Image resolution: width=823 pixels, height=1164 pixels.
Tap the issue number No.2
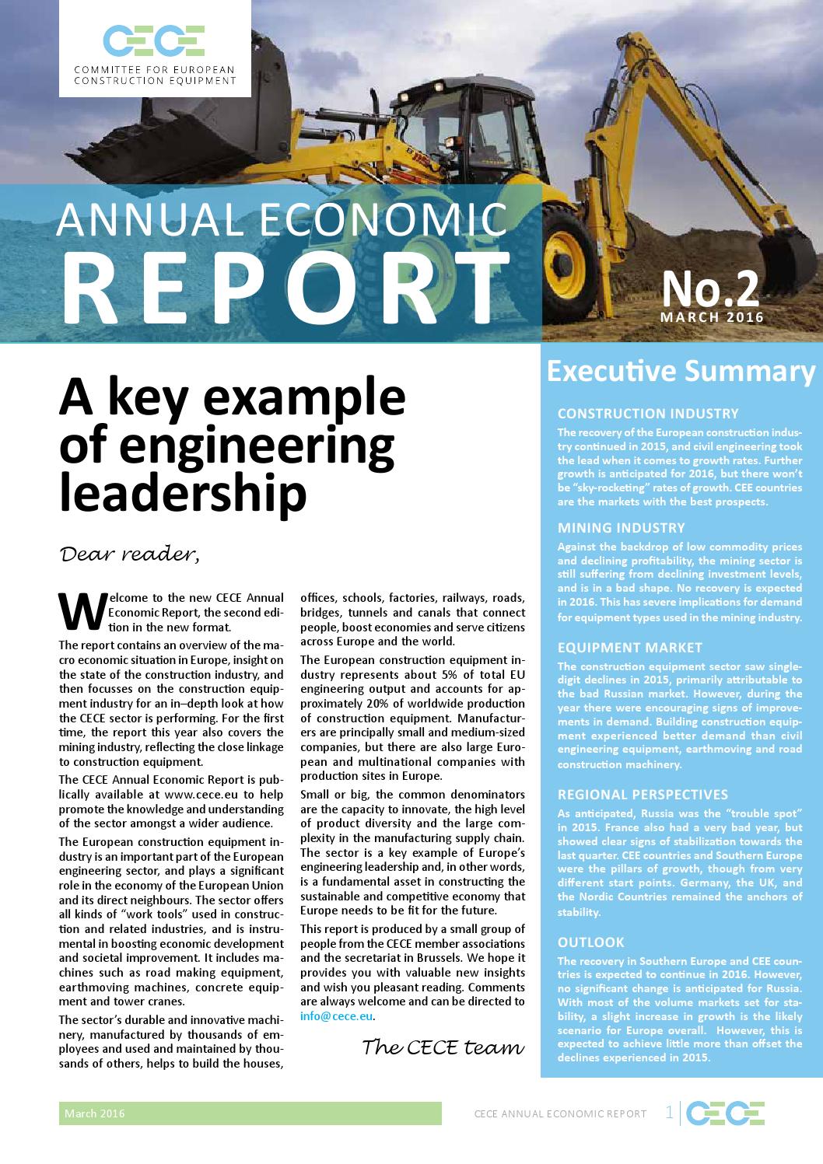(710, 289)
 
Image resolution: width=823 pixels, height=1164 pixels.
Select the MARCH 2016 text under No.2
(712, 317)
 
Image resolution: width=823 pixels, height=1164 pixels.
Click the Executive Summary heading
(681, 372)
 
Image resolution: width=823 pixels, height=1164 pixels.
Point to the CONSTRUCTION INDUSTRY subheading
(648, 414)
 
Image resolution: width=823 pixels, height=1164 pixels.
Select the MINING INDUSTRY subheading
(622, 527)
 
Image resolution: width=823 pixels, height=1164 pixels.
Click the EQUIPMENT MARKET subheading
(630, 648)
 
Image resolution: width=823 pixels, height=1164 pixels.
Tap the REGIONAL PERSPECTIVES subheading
(643, 795)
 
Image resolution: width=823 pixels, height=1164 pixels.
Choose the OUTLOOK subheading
(591, 942)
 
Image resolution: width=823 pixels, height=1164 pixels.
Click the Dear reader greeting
(130, 554)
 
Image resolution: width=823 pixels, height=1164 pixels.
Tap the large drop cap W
(82, 610)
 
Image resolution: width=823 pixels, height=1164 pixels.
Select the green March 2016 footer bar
(250, 1113)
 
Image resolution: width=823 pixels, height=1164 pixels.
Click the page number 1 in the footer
(670, 1113)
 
